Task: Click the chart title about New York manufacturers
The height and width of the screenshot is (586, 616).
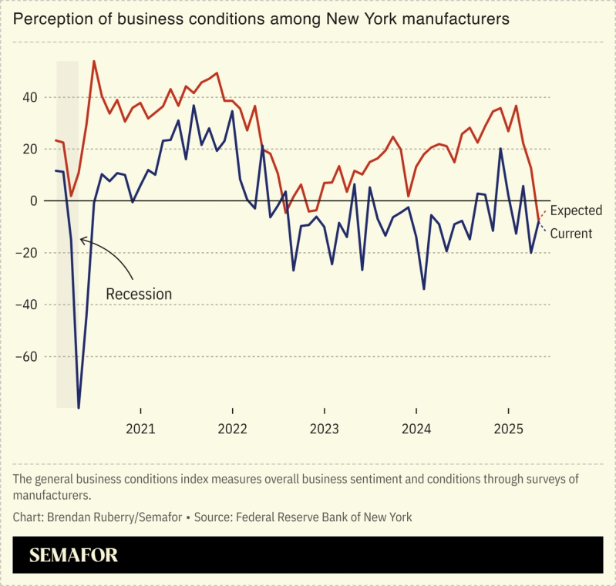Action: pos(261,19)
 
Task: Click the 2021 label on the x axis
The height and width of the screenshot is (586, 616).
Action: pos(140,429)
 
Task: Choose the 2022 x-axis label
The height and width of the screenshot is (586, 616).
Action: pos(232,429)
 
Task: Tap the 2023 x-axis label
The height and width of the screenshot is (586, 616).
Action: pos(325,429)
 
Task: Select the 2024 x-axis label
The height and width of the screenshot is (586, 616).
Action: pos(416,429)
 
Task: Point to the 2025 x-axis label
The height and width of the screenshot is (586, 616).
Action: pos(508,429)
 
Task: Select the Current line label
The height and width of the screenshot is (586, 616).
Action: pos(571,233)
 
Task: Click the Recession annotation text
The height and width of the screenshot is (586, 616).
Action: pos(139,294)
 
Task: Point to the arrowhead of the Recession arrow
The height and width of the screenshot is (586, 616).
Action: pos(81,240)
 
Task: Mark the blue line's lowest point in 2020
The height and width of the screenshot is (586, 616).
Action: pos(79,408)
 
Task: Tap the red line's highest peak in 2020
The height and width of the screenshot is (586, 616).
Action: pos(94,61)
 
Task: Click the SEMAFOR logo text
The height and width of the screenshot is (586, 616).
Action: pos(73,555)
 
